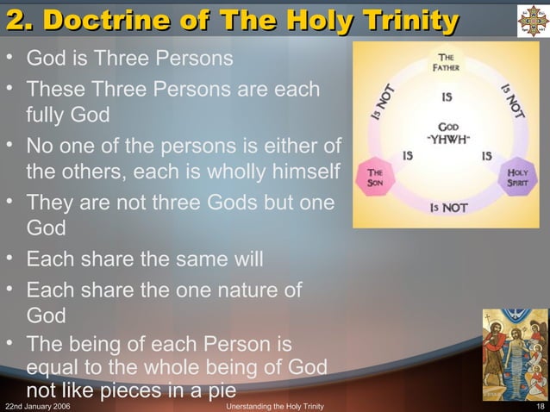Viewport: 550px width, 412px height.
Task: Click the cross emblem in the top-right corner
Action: click(531, 21)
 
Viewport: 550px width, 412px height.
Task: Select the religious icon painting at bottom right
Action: click(515, 354)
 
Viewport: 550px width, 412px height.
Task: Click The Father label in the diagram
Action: click(447, 65)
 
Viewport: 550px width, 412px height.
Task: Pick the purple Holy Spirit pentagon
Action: click(517, 178)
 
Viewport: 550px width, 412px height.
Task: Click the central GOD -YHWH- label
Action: click(447, 132)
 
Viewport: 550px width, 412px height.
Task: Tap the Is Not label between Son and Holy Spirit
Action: click(447, 209)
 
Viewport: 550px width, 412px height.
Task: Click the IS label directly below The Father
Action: click(447, 97)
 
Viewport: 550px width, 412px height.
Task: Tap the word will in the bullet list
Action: click(247, 259)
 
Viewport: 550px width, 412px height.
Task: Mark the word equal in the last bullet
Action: click(56, 368)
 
